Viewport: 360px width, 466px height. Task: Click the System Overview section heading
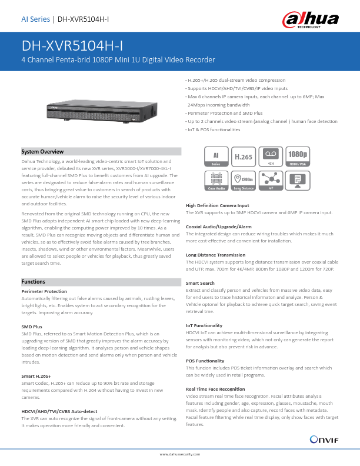pos(42,152)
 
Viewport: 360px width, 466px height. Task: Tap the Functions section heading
pos(34,282)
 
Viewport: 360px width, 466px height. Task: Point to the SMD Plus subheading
pos(32,326)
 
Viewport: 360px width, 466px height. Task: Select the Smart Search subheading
pos(200,283)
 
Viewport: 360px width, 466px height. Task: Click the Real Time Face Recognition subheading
pos(215,389)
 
